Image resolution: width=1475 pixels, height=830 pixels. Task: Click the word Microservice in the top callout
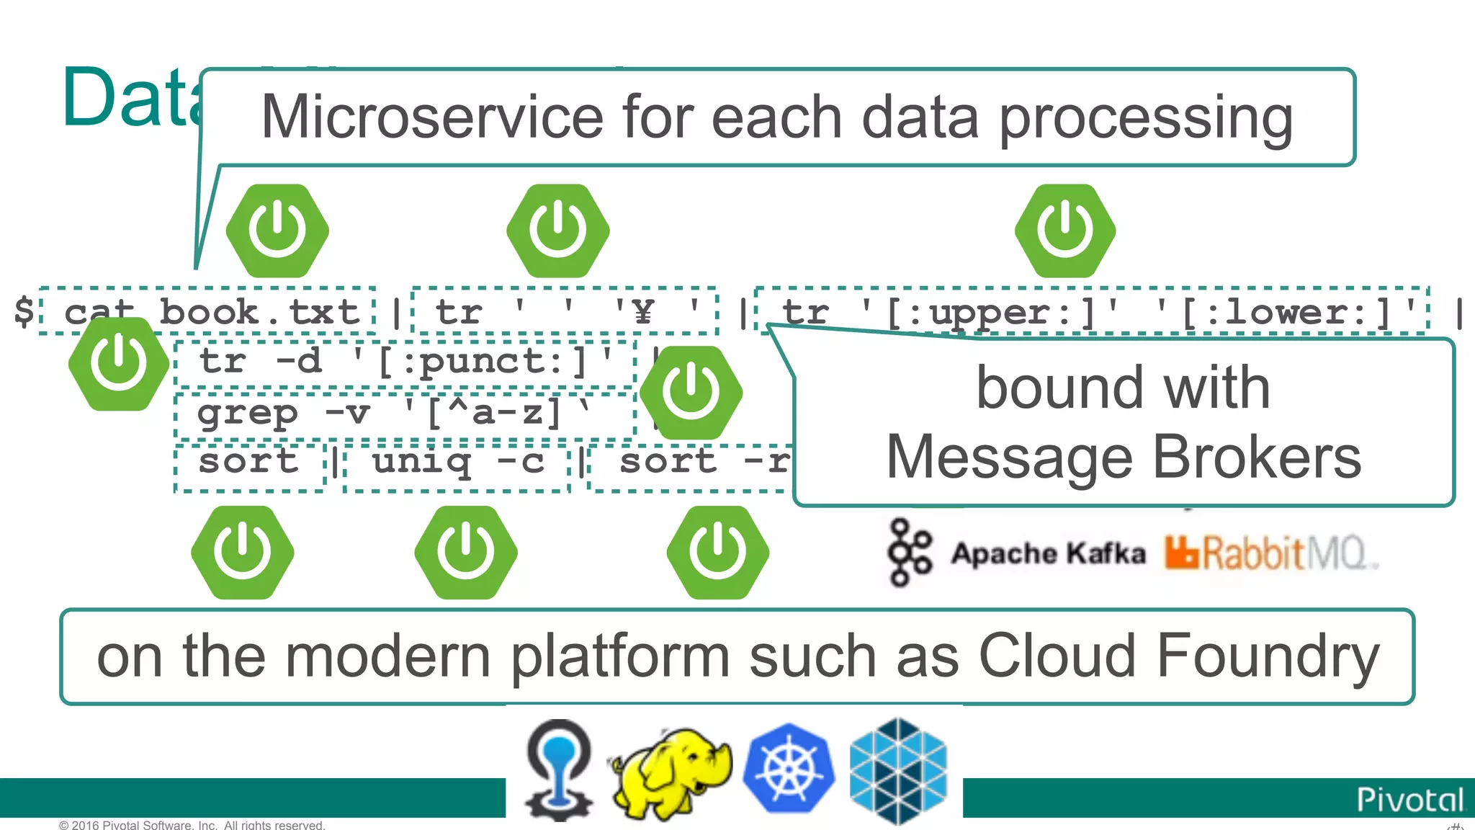point(431,117)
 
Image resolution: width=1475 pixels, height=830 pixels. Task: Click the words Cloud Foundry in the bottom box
point(1178,656)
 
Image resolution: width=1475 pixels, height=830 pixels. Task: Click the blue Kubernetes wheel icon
point(788,769)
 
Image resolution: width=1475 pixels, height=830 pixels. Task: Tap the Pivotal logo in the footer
point(1409,800)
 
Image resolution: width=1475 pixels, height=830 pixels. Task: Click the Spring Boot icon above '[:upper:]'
point(1065,231)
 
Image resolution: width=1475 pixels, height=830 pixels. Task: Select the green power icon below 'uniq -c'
point(466,553)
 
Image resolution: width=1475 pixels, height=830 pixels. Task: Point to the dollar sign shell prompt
point(24,311)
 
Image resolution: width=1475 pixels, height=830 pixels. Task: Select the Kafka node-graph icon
point(909,553)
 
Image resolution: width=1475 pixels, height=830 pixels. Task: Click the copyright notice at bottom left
point(192,825)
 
